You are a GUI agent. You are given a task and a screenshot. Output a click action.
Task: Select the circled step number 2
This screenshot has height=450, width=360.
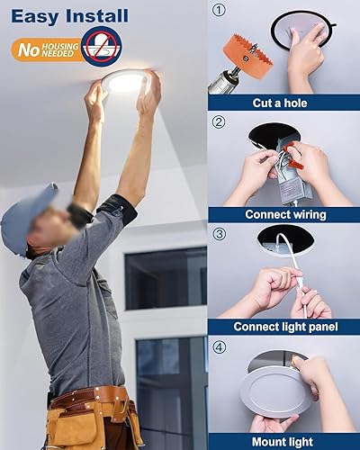[x=218, y=121]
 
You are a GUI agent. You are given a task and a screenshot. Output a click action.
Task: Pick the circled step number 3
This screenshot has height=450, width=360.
[x=218, y=234]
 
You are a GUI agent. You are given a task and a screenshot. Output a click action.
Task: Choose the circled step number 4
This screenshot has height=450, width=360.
[x=218, y=346]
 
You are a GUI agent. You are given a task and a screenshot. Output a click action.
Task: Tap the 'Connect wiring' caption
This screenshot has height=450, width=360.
[x=283, y=214]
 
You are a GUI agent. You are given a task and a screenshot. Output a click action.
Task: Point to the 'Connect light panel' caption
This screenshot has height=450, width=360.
[x=283, y=326]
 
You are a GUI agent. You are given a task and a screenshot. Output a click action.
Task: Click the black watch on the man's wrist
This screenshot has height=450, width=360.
[x=81, y=214]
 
